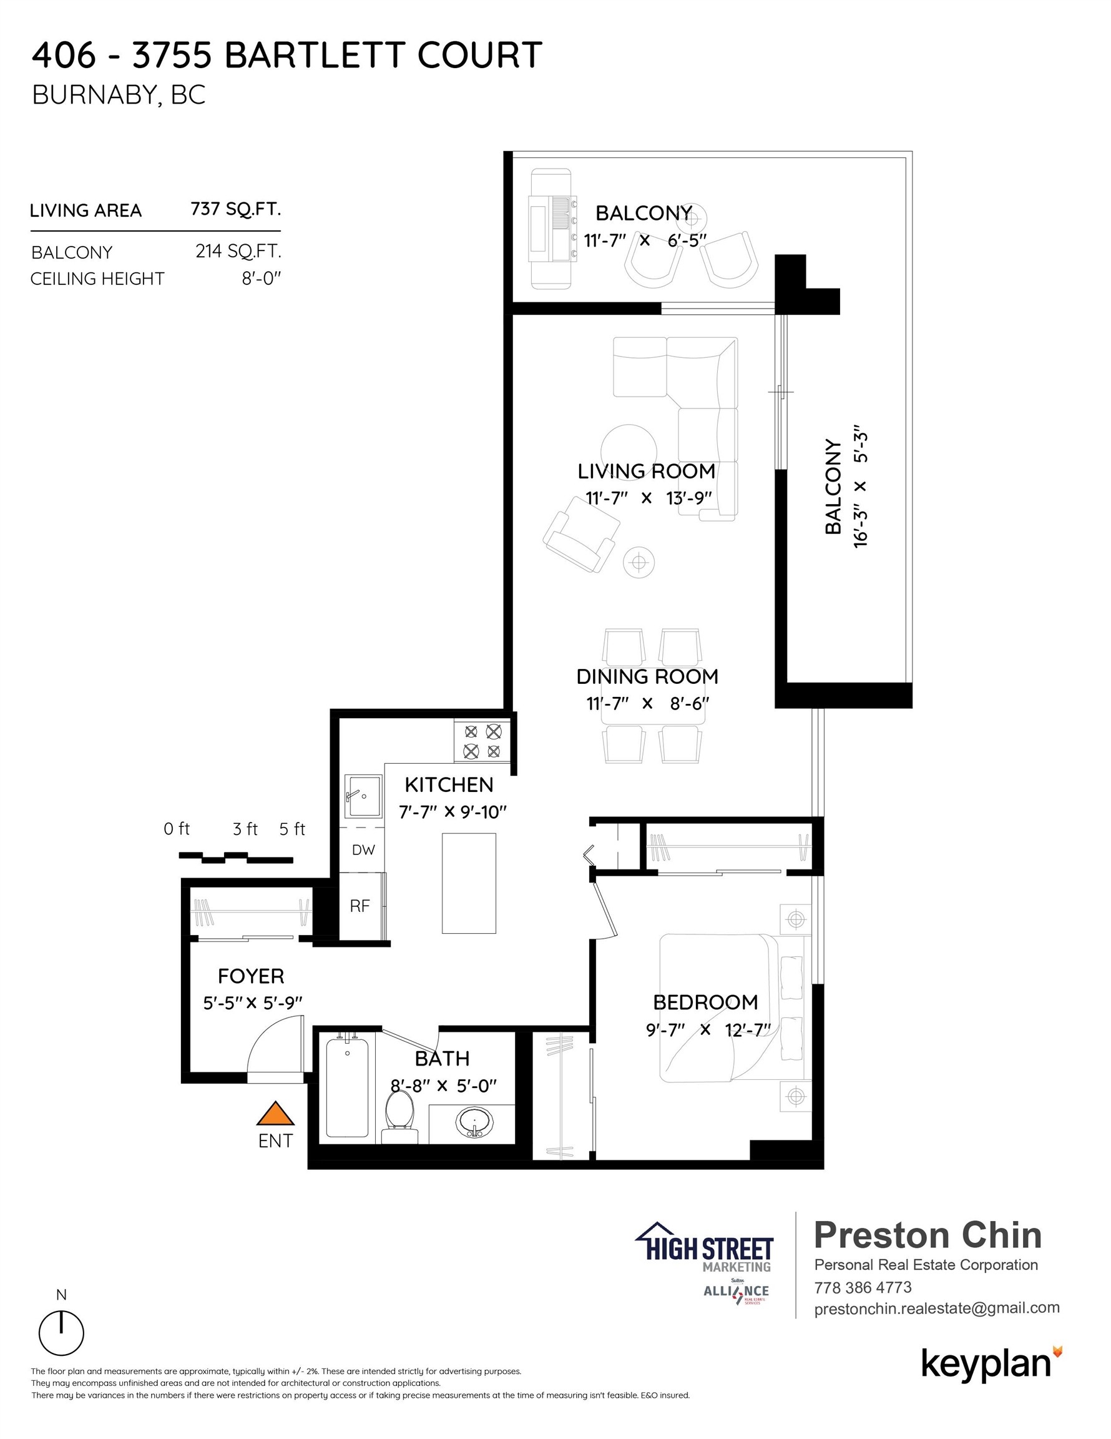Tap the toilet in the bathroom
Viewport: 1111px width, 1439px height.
coord(399,1116)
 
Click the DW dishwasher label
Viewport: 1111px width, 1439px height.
coord(363,850)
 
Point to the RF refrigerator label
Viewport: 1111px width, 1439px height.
coord(360,906)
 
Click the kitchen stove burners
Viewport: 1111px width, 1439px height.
coord(482,741)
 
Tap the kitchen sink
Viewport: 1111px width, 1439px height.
coord(363,796)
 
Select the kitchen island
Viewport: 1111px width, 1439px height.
coord(469,883)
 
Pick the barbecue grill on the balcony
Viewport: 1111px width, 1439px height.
coord(552,228)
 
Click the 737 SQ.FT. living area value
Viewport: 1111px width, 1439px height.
coord(236,209)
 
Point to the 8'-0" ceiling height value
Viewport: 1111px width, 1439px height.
coord(262,279)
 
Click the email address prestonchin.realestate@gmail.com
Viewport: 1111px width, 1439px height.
coord(937,1308)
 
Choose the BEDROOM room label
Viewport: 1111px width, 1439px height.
coord(705,1002)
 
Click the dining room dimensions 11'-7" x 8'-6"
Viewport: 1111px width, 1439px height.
coord(648,704)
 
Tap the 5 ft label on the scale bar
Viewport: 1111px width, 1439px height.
coord(292,829)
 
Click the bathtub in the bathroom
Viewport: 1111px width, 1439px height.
coord(347,1087)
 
